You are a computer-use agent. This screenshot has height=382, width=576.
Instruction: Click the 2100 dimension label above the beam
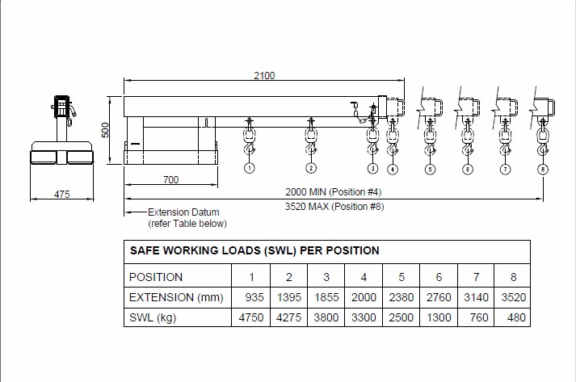pos(264,75)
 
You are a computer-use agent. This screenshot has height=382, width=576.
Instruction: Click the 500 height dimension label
pos(105,130)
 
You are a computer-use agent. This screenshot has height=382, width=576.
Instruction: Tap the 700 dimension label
pos(170,179)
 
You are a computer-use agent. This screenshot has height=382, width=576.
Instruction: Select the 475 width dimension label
pos(61,194)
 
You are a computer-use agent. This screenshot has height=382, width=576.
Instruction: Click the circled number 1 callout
pos(250,168)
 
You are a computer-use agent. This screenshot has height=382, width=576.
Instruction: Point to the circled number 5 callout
pos(430,170)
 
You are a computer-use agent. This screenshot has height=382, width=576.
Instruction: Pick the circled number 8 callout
pos(543,170)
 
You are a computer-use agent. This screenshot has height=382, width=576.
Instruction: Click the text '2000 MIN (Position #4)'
pos(334,191)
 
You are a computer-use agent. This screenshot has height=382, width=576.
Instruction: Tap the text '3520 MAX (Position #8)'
pos(334,207)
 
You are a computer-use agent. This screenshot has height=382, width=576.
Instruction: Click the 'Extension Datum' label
pos(183,212)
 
